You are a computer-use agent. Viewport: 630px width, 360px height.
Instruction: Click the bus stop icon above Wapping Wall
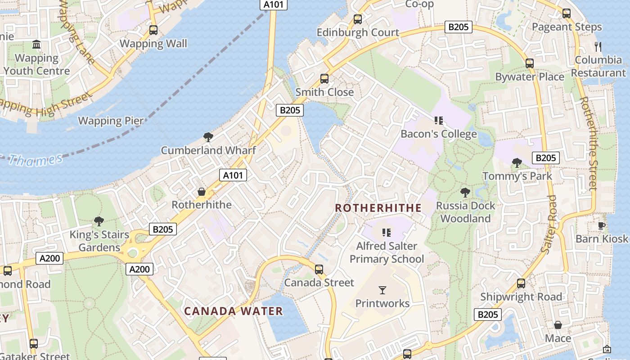[153, 30]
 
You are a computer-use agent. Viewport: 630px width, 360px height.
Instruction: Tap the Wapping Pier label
[111, 121]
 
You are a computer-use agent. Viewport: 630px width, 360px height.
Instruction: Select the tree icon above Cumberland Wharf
[208, 137]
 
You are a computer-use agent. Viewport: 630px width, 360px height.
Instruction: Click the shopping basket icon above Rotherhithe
[202, 192]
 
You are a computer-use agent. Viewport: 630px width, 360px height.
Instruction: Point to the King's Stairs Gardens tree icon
[99, 221]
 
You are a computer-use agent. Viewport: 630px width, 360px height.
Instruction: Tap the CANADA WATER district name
[234, 311]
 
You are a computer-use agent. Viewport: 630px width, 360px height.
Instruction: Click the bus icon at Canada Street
[319, 270]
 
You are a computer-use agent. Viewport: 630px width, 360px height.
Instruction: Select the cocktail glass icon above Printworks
[382, 290]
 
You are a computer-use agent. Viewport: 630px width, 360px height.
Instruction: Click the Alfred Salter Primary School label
[387, 252]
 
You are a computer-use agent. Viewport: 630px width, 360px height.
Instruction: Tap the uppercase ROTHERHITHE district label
[378, 208]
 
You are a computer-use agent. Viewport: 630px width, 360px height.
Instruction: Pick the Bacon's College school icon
[439, 121]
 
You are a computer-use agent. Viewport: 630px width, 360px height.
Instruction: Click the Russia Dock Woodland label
[465, 212]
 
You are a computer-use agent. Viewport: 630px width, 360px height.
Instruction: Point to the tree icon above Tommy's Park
[517, 162]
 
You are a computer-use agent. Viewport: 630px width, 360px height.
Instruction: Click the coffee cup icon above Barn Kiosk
[602, 225]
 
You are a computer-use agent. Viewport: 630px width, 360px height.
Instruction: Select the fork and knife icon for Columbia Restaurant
[598, 46]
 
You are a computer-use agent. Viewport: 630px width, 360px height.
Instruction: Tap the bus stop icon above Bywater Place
[530, 63]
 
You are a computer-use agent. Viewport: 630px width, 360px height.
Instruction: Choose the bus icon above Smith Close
[324, 79]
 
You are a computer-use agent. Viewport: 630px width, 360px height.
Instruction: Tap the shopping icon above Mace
[558, 325]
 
